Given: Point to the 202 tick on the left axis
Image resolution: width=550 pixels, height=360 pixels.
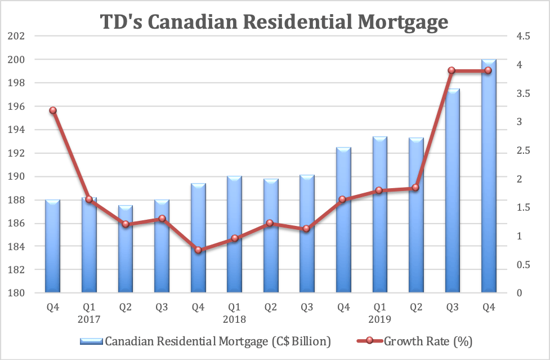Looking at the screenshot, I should pyautogui.click(x=17, y=37).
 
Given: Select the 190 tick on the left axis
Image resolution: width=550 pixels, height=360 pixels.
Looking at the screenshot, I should pyautogui.click(x=17, y=177).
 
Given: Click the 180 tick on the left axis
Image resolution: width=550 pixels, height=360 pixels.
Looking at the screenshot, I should pyautogui.click(x=17, y=294).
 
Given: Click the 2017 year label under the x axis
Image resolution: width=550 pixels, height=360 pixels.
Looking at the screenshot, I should pyautogui.click(x=89, y=319).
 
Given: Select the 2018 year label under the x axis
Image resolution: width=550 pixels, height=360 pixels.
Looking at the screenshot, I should pyautogui.click(x=234, y=319).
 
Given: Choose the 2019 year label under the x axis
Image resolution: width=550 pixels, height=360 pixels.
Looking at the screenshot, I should pyautogui.click(x=379, y=319).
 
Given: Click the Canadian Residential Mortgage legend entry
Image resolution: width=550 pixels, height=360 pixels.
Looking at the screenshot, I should pyautogui.click(x=205, y=341).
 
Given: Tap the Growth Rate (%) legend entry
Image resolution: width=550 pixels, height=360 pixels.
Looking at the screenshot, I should pyautogui.click(x=428, y=341).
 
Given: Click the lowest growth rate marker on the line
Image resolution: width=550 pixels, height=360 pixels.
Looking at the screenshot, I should pyautogui.click(x=198, y=250).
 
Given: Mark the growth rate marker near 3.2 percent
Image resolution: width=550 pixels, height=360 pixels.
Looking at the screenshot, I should pyautogui.click(x=53, y=110).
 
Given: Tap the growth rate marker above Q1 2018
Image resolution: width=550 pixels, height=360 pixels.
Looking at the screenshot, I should pyautogui.click(x=234, y=238).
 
